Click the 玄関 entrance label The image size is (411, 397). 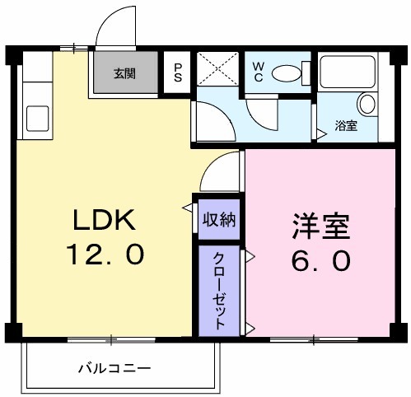(x=125, y=72)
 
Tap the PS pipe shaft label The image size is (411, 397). (x=178, y=73)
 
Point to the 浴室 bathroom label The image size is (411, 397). (x=347, y=126)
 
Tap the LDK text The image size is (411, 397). (x=100, y=220)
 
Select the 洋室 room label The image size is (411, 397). (x=320, y=226)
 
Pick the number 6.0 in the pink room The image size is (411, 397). (x=320, y=260)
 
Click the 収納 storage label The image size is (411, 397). (x=219, y=220)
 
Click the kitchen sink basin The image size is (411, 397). (x=37, y=117)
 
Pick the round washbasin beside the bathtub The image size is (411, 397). (x=367, y=105)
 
